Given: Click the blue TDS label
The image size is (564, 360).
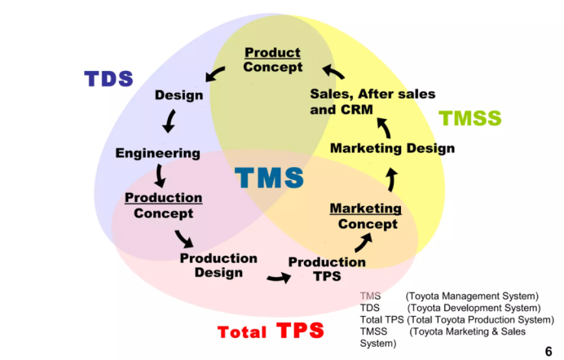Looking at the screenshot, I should [108, 78].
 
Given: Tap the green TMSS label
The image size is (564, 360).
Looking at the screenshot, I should [470, 118].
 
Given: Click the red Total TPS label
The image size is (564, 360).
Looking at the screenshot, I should [271, 331].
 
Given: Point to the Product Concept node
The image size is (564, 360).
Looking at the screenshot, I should [273, 59].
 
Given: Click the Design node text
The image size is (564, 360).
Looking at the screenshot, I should [178, 95].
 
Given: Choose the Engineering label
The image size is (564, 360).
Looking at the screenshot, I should [157, 153].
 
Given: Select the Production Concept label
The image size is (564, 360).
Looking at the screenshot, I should [163, 205].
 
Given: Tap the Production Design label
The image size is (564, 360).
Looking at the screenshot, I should [218, 265].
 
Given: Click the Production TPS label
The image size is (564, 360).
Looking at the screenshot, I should [327, 269].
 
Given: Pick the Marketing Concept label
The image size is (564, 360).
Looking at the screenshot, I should [366, 216].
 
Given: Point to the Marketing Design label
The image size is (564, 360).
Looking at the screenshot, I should [392, 148].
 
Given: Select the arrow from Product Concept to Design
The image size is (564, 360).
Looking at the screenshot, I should [216, 75].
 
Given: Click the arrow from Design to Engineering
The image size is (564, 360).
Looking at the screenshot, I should [170, 122].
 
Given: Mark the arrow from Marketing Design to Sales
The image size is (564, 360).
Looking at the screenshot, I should [384, 126].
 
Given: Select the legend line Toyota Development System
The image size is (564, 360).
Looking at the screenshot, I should [450, 308].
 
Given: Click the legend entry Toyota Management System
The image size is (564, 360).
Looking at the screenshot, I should [449, 296].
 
